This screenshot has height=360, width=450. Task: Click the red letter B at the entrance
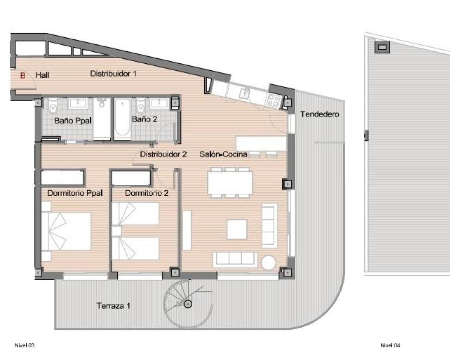tap(23, 75)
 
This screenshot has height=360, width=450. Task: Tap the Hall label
tap(42, 75)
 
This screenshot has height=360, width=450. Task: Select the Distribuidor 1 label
tap(113, 73)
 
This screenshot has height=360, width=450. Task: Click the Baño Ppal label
tap(73, 121)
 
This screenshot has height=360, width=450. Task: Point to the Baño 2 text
tap(144, 119)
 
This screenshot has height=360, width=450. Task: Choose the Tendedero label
tap(320, 114)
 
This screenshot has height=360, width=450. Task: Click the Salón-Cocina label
tap(223, 154)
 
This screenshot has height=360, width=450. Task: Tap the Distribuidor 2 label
tap(163, 154)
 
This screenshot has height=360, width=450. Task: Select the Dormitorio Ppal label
tap(75, 193)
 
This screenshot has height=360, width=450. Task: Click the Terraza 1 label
tap(113, 306)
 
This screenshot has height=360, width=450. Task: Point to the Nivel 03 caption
tap(24, 345)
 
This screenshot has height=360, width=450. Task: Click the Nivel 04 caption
tap(390, 345)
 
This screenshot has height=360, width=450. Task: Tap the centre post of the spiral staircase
tap(188, 304)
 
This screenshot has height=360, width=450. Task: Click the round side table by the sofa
tap(269, 263)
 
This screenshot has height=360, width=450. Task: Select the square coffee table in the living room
tap(237, 229)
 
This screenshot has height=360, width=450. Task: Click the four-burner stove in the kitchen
tap(273, 100)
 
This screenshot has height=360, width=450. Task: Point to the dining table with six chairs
tap(230, 182)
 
